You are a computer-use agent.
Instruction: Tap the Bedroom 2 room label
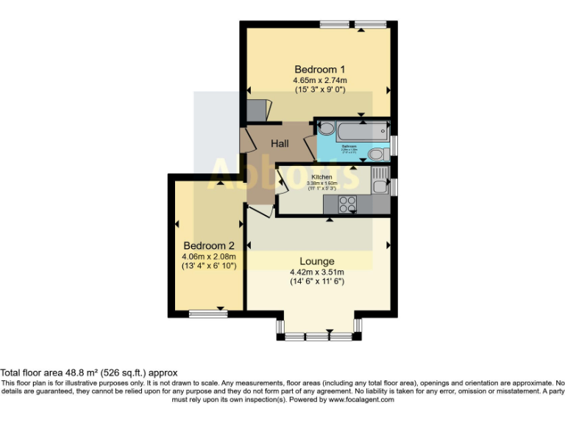(209, 245)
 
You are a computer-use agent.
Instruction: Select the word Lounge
(317, 261)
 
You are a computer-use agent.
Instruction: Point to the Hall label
(280, 143)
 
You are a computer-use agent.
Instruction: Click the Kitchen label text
(322, 178)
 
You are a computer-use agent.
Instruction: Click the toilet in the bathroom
(377, 153)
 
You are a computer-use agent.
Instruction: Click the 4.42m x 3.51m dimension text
(317, 272)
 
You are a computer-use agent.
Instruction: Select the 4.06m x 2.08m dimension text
(209, 256)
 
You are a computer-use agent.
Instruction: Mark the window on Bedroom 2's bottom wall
(208, 314)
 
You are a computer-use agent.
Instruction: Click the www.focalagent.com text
(361, 400)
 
